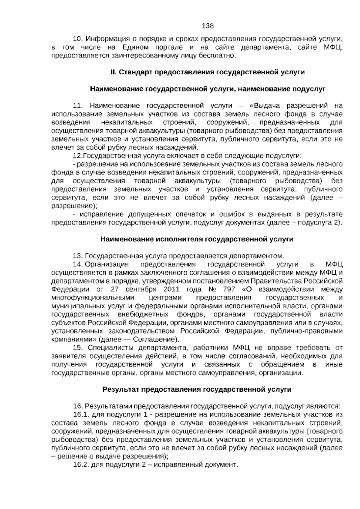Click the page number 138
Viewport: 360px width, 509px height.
208,26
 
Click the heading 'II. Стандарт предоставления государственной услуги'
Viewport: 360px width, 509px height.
208,72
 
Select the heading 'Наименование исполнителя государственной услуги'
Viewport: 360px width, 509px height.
197,239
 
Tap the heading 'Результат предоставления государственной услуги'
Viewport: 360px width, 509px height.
197,389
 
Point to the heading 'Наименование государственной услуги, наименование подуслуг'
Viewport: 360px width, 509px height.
208,89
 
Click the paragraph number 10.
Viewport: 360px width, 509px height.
78,39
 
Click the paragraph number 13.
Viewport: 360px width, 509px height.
78,256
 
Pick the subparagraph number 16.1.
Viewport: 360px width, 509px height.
81,414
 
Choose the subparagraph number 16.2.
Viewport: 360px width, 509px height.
81,465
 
